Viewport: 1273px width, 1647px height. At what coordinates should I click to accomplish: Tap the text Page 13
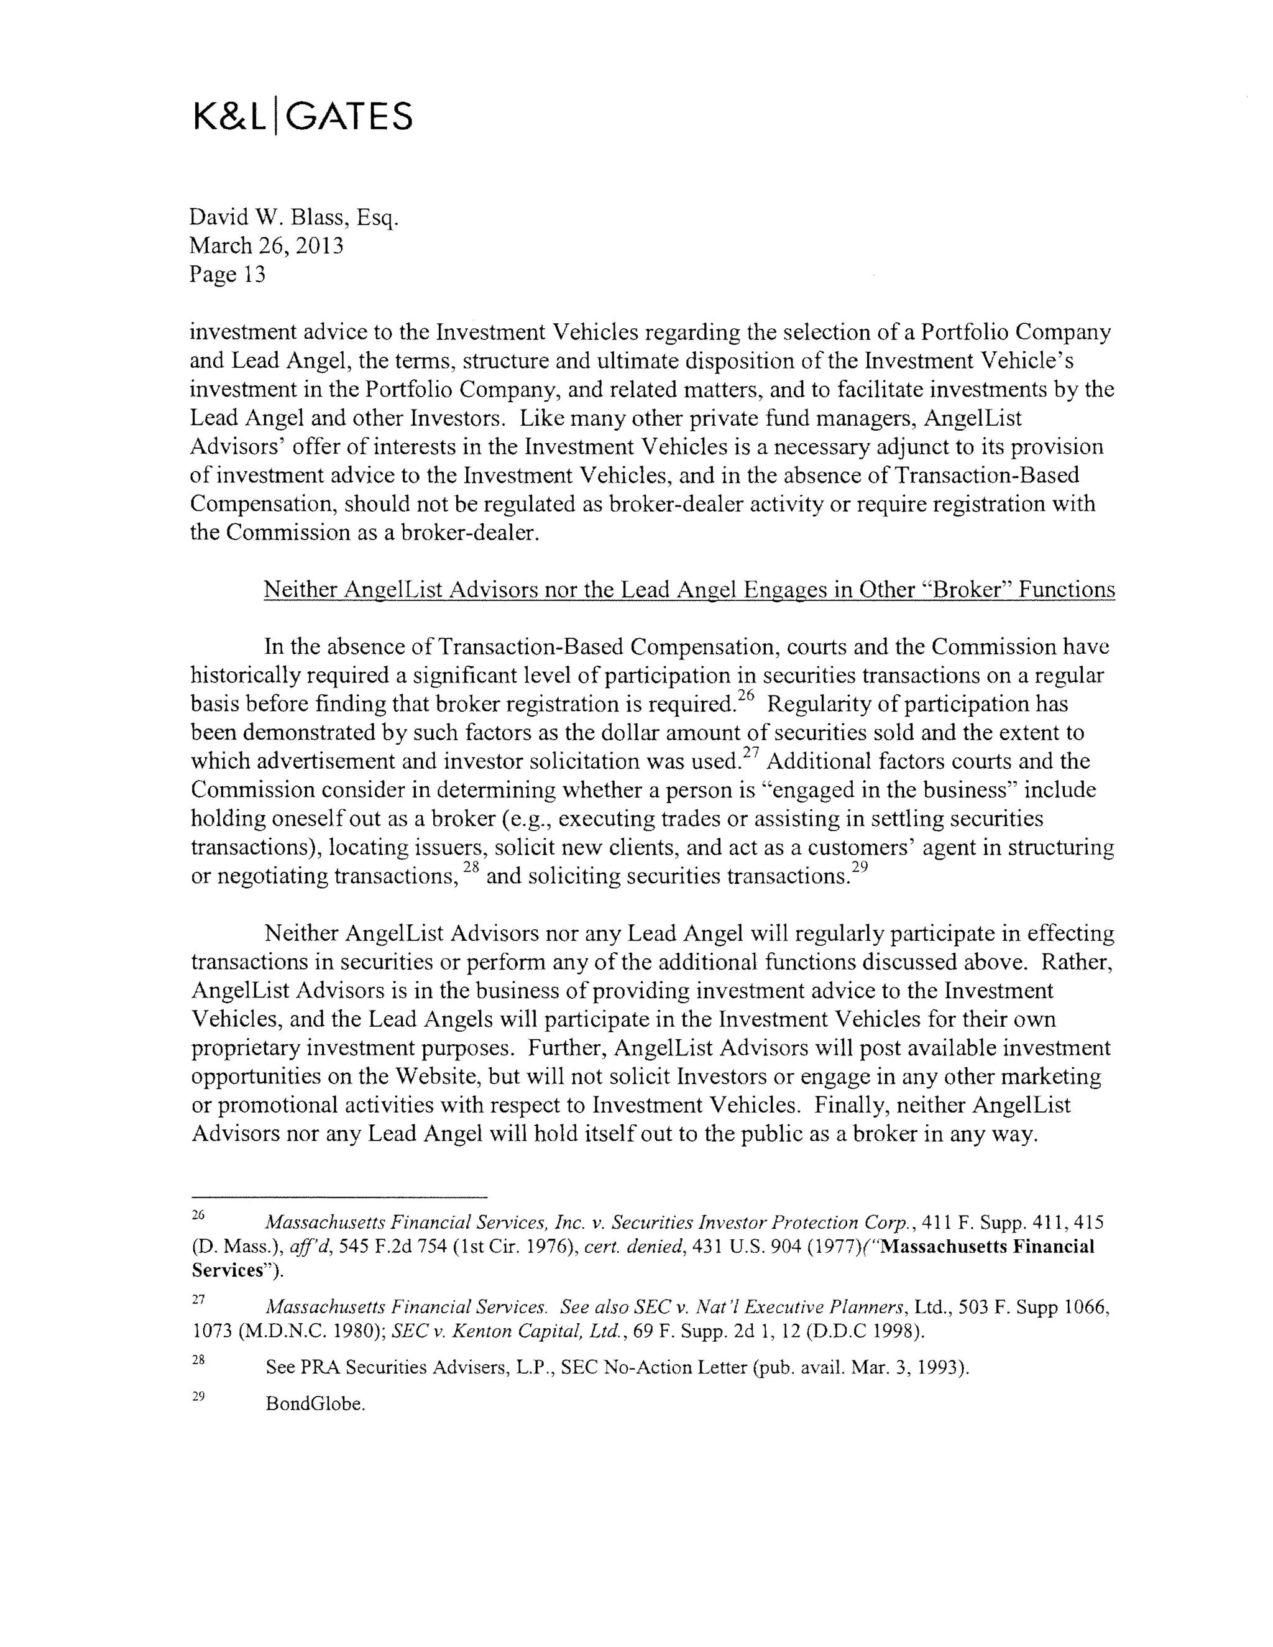click(227, 273)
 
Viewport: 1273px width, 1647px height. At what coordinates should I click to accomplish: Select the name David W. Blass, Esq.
click(293, 218)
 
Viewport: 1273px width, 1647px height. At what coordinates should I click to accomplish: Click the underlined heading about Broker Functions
click(689, 590)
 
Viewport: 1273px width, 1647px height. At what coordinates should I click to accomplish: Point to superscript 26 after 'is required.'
click(745, 697)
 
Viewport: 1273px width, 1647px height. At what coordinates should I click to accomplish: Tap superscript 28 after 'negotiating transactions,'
click(471, 868)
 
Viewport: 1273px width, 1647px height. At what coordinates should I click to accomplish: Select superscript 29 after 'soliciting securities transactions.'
click(860, 868)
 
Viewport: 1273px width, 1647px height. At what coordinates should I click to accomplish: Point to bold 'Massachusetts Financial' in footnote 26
click(987, 1247)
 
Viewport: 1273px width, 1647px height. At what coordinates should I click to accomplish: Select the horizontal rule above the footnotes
click(339, 1197)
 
